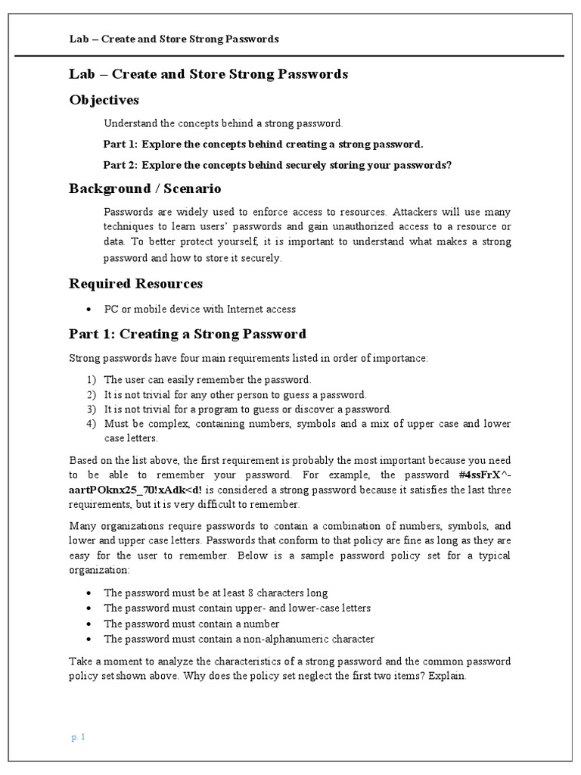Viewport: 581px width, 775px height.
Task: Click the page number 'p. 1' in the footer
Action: tap(79, 737)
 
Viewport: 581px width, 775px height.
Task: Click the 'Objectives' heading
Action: tap(104, 100)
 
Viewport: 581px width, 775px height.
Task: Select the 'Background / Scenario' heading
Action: tap(144, 188)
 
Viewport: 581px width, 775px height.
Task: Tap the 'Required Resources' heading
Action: tap(135, 283)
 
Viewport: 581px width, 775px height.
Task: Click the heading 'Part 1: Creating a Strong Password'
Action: tap(188, 334)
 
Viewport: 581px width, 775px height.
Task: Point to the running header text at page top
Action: tap(173, 39)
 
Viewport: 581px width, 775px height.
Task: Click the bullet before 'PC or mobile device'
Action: tap(89, 309)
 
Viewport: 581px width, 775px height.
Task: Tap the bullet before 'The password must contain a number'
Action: tap(89, 624)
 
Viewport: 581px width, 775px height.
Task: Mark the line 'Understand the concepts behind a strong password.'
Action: tap(223, 123)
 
